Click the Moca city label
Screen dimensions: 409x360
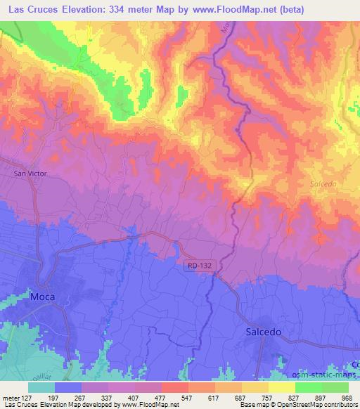(x=41, y=297)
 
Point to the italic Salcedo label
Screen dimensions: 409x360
(x=324, y=183)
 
